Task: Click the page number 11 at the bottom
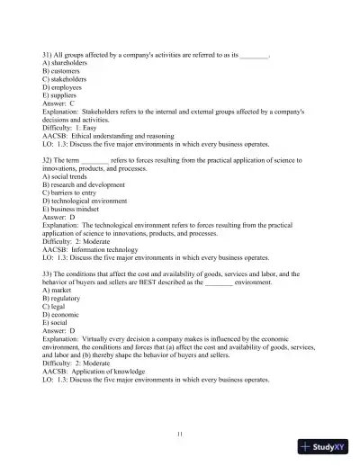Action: pos(180,434)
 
